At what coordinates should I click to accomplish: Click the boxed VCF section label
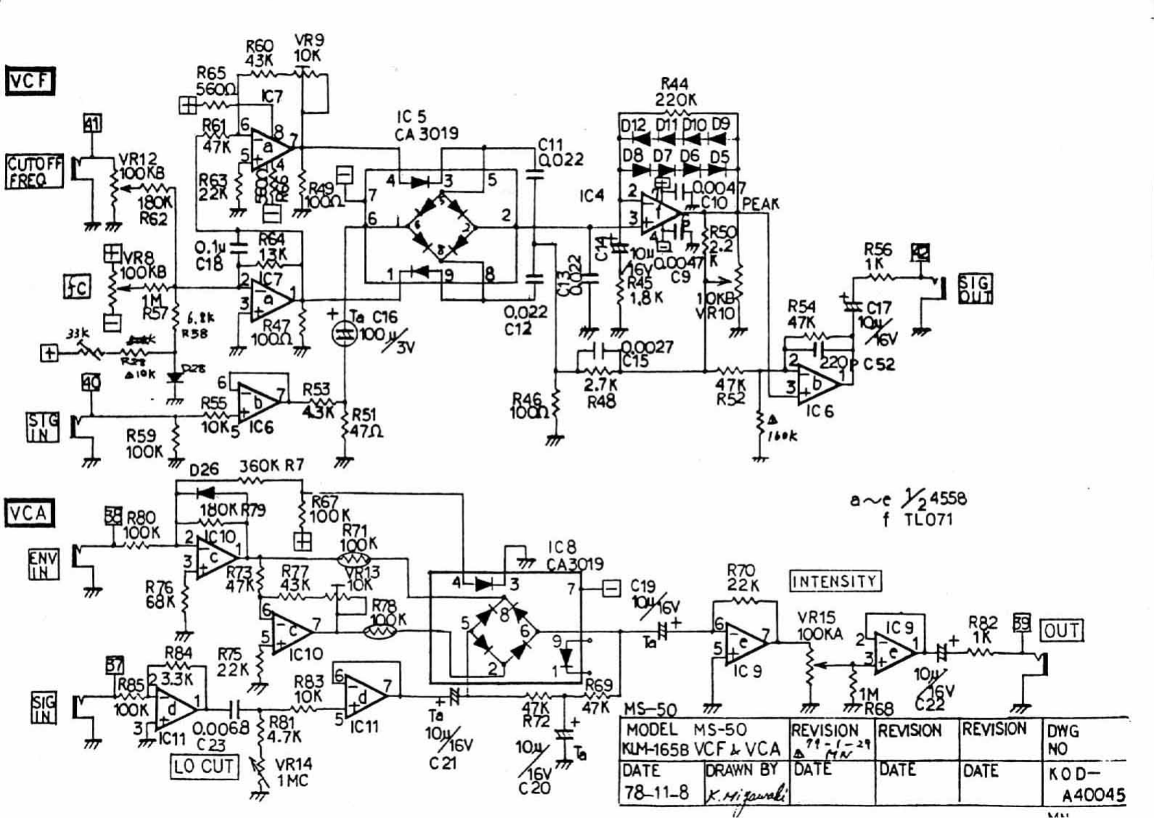(30, 81)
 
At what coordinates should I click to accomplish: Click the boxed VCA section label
(29, 513)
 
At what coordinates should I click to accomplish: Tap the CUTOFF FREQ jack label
(33, 173)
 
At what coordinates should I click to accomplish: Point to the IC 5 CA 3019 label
(426, 125)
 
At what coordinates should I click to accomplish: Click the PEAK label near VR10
(759, 204)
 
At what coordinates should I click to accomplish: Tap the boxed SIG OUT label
(975, 289)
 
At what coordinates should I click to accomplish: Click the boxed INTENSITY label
(834, 581)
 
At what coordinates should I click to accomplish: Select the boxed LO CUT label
(204, 766)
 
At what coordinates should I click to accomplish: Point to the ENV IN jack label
(42, 564)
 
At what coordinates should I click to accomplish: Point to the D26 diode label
(204, 471)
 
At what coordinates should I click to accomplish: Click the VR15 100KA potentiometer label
(820, 626)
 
